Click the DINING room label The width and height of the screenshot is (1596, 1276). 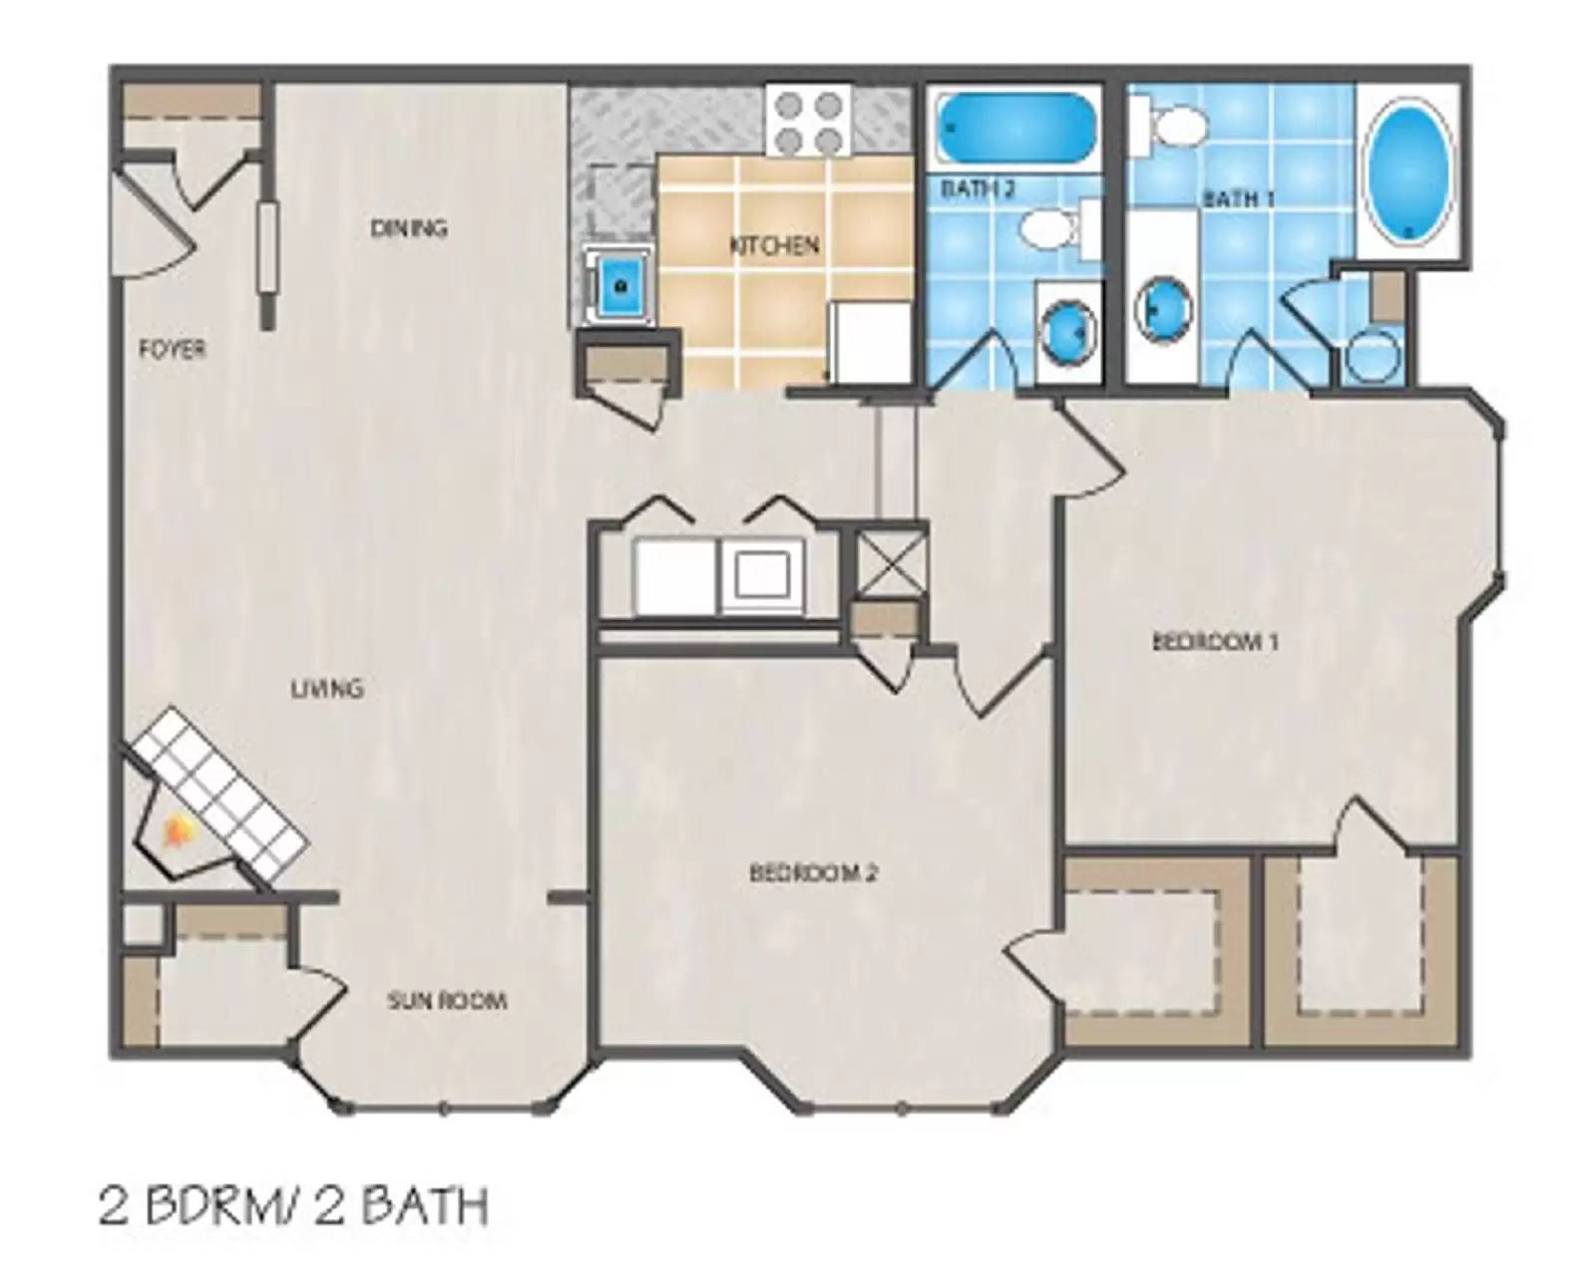(x=409, y=228)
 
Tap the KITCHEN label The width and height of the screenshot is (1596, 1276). (x=774, y=245)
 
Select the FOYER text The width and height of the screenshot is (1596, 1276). (x=173, y=349)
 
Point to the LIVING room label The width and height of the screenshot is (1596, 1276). (x=326, y=689)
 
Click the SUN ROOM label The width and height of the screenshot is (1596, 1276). (x=447, y=1001)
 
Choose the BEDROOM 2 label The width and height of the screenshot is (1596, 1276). (x=813, y=873)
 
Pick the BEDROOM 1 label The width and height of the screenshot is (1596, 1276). (x=1215, y=641)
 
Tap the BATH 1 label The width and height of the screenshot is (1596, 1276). (x=1239, y=198)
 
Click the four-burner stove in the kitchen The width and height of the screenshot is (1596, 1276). (x=809, y=121)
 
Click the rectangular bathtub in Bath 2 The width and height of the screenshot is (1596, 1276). (x=1013, y=129)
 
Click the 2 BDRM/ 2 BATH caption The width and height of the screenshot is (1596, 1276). (x=293, y=1206)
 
